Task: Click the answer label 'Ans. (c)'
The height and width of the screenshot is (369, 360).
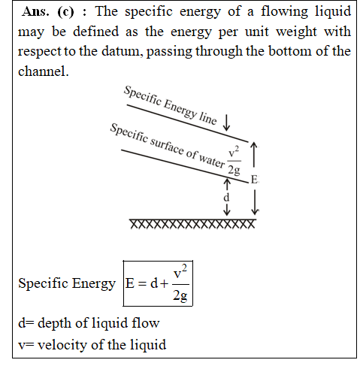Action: tap(48, 11)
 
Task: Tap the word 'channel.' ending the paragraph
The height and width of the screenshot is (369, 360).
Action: tap(44, 71)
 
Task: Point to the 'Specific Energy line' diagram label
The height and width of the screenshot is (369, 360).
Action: tap(171, 105)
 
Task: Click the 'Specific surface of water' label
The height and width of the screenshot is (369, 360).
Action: tap(168, 146)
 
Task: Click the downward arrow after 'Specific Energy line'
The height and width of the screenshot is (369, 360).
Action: tap(226, 122)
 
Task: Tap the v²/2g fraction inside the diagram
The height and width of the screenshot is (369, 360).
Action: tap(234, 160)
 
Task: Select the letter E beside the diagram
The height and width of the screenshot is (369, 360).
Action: tap(254, 180)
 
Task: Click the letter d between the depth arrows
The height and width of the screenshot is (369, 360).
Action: tap(226, 198)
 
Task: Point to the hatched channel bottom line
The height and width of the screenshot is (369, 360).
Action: tap(192, 223)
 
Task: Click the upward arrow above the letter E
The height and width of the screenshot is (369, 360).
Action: tap(254, 155)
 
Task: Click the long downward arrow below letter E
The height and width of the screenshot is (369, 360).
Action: tap(255, 202)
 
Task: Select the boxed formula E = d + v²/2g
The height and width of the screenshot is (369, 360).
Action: tap(158, 283)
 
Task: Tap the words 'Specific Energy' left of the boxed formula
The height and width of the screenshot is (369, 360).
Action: tap(67, 283)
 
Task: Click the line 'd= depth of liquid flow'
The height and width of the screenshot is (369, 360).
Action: tap(89, 322)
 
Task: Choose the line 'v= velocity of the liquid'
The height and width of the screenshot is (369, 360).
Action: tap(92, 344)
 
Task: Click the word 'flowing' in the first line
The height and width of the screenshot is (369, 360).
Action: tap(284, 12)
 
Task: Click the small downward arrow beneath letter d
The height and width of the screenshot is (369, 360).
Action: tap(227, 210)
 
